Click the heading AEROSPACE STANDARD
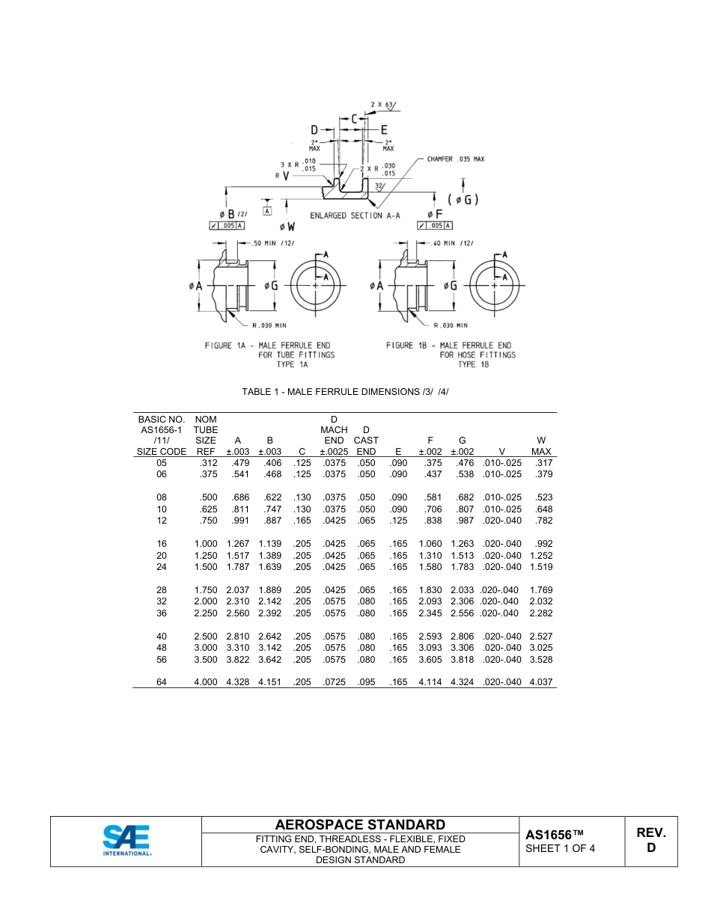tap(360, 824)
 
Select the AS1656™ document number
tap(554, 835)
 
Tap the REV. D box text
tap(650, 840)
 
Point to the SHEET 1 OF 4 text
tap(560, 848)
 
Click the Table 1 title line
tap(344, 392)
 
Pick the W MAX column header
tap(541, 447)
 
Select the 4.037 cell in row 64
tap(540, 682)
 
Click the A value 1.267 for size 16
tap(237, 544)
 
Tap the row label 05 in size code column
tap(162, 463)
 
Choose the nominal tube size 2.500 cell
tap(205, 637)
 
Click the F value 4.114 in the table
tap(430, 682)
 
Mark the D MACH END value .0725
tap(334, 682)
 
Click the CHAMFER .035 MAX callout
tap(456, 159)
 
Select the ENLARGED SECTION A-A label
tap(355, 215)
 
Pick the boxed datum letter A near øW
tap(267, 211)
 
